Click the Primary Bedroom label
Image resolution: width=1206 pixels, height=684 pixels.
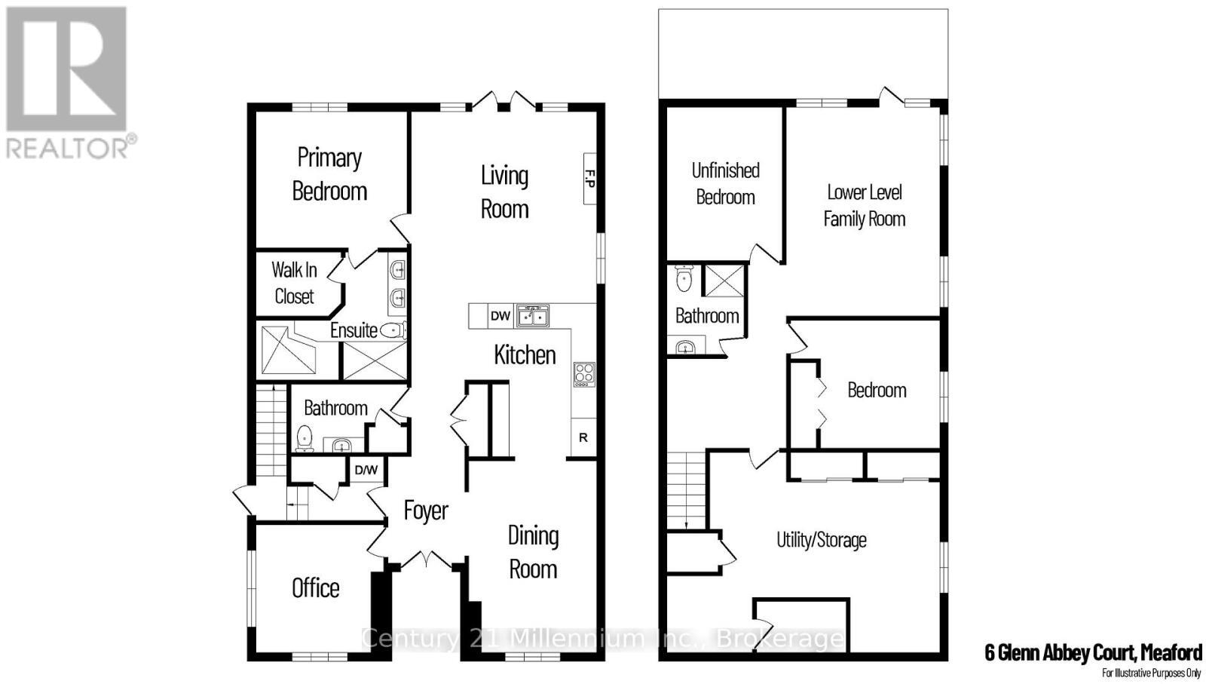(x=329, y=174)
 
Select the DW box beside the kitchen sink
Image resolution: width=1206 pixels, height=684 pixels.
(x=500, y=316)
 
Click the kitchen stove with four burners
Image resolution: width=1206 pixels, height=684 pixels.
(x=584, y=374)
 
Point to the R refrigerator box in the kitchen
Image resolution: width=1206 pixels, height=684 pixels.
(x=583, y=437)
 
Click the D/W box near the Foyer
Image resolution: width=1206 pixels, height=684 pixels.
(x=366, y=470)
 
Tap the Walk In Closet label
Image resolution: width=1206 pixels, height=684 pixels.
(x=294, y=283)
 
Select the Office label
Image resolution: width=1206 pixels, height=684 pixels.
(x=316, y=587)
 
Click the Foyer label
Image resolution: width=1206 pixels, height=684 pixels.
(x=426, y=511)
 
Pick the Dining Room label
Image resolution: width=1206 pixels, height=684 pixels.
(x=533, y=552)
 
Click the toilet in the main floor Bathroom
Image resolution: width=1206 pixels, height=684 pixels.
(x=305, y=437)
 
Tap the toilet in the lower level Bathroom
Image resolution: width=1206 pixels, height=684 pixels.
(x=684, y=279)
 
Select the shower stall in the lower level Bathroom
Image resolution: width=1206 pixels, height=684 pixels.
(x=723, y=281)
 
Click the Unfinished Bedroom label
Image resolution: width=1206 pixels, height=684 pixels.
(x=725, y=183)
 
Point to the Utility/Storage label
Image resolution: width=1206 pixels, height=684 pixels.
(x=822, y=540)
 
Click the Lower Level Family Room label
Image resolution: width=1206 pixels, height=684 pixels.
(x=864, y=205)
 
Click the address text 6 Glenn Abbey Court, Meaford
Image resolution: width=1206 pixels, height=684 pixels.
(x=1093, y=652)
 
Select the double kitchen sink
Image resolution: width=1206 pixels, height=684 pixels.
(x=532, y=316)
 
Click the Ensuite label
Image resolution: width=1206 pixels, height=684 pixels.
(x=354, y=330)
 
